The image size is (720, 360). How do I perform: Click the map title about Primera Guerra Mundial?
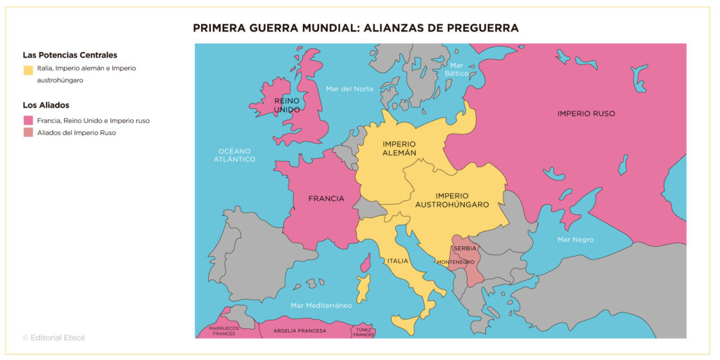[x=356, y=28]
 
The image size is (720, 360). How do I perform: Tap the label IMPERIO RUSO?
[x=586, y=113]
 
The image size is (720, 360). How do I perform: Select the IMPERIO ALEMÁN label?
[x=399, y=148]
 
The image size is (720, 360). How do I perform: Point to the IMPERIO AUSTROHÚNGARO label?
[x=452, y=200]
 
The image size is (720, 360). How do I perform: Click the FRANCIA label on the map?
[x=326, y=198]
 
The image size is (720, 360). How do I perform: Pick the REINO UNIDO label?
[x=287, y=105]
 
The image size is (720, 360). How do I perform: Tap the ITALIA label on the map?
[x=397, y=261]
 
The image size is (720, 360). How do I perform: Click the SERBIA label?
[x=465, y=248]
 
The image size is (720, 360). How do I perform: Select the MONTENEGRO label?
[x=456, y=262]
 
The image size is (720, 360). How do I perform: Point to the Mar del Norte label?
[x=349, y=89]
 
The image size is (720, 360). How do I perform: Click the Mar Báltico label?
[x=456, y=69]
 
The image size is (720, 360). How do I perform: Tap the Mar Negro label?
[x=575, y=240]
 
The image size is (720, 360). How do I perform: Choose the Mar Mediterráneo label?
[x=321, y=305]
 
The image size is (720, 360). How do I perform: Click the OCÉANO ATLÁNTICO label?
[x=236, y=155]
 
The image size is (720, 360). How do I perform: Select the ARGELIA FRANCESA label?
[x=300, y=330]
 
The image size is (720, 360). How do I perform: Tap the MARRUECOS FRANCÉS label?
[x=224, y=330]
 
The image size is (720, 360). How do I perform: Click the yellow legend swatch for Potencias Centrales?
[x=28, y=70]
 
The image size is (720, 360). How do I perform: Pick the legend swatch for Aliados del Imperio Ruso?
[x=28, y=132]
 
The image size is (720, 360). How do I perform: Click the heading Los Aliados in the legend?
[x=46, y=105]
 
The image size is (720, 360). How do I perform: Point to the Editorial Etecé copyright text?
[x=54, y=337]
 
